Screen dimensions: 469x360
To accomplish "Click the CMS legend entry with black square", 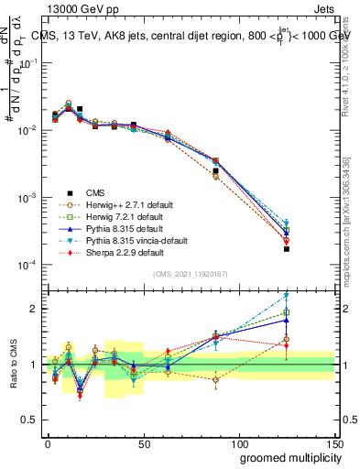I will pyautogui.click(x=94, y=192).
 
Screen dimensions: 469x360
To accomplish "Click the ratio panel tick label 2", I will pyautogui.click(x=38, y=309).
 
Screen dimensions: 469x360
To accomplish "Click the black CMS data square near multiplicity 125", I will pyautogui.click(x=287, y=248).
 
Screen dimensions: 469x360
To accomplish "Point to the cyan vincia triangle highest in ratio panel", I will pyautogui.click(x=287, y=295).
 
